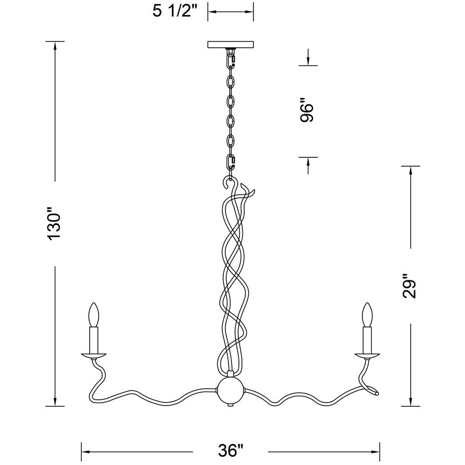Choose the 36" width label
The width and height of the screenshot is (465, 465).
point(230,450)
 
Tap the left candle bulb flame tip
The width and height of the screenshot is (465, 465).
point(92,305)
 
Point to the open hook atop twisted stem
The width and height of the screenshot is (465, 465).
point(226,183)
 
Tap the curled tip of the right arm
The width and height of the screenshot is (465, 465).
point(374,393)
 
